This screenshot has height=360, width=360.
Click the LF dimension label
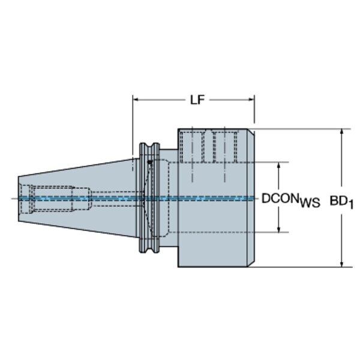197,100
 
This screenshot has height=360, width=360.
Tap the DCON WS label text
290,200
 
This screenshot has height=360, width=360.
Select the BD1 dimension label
341,202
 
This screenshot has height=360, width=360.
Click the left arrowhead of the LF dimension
136,100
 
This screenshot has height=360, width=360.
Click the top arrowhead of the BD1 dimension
341,132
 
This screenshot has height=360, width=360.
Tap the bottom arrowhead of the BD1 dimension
341,264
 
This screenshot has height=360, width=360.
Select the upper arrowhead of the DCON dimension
279,166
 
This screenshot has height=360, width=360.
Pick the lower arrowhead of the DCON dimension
279,229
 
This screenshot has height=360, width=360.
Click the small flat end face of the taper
19,199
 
